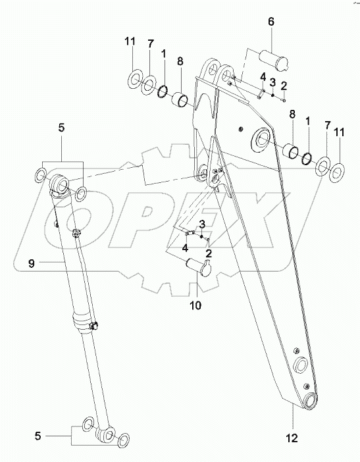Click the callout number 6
click(x=270, y=22)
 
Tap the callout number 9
click(x=30, y=265)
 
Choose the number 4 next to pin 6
click(x=263, y=77)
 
